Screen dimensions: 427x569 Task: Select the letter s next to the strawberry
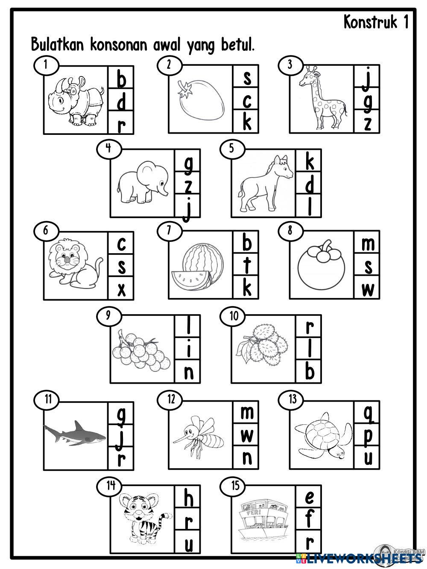point(247,78)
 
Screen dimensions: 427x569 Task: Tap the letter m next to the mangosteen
point(368,245)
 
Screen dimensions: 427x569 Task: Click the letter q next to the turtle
point(368,414)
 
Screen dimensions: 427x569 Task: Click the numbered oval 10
point(233,316)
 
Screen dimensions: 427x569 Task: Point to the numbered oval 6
point(46,231)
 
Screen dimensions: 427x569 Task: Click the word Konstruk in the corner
point(371,22)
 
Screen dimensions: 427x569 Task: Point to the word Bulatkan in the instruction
point(58,44)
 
